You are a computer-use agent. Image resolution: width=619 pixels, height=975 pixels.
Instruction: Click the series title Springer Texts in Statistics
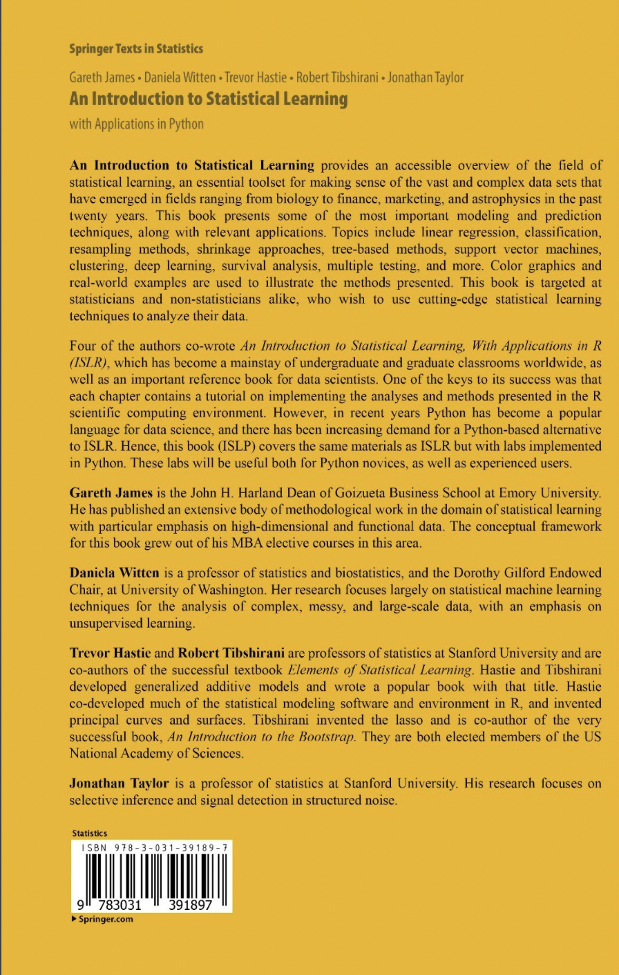[136, 49]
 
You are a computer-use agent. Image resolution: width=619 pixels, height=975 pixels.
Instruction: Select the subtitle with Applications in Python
[137, 124]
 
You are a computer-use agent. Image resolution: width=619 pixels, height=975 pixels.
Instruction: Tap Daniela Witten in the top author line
[180, 77]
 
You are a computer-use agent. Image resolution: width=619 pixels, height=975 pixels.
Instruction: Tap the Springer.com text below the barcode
[106, 920]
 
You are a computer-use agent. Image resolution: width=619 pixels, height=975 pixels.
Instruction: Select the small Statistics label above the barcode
[89, 833]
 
